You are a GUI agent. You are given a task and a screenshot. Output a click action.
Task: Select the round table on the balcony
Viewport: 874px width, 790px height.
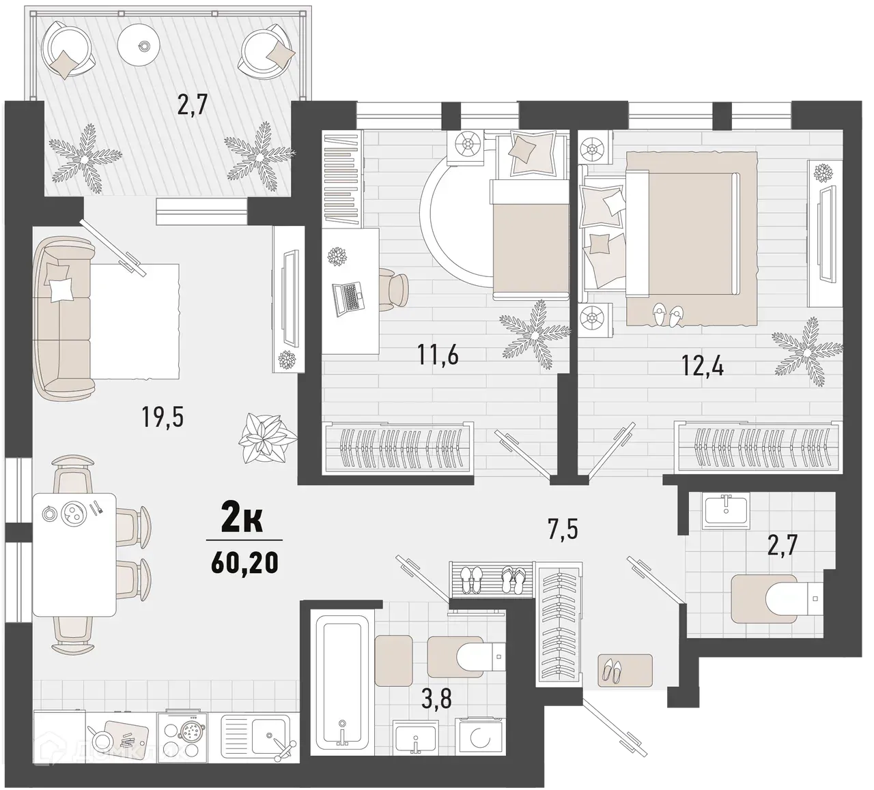point(143,46)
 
